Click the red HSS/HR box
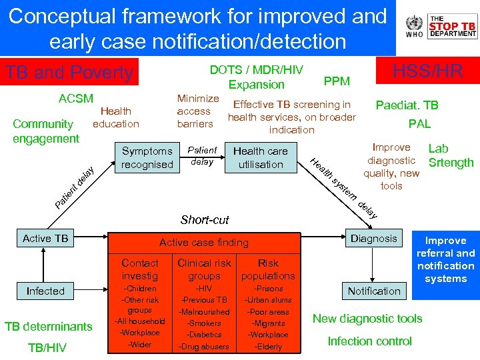point(427,71)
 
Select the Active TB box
point(45,239)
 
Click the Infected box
point(45,291)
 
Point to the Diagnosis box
point(374,239)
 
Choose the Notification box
point(374,291)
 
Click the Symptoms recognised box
point(147,157)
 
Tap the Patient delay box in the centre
point(202,156)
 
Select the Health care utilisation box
point(261,157)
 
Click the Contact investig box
point(140,269)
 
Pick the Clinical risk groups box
point(204,269)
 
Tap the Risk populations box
point(268,269)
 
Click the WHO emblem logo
point(413,27)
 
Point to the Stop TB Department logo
point(453,27)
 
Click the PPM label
point(336,81)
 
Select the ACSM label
point(76,99)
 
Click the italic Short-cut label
point(205,220)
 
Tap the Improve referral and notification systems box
point(445,259)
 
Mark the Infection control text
point(369,341)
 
